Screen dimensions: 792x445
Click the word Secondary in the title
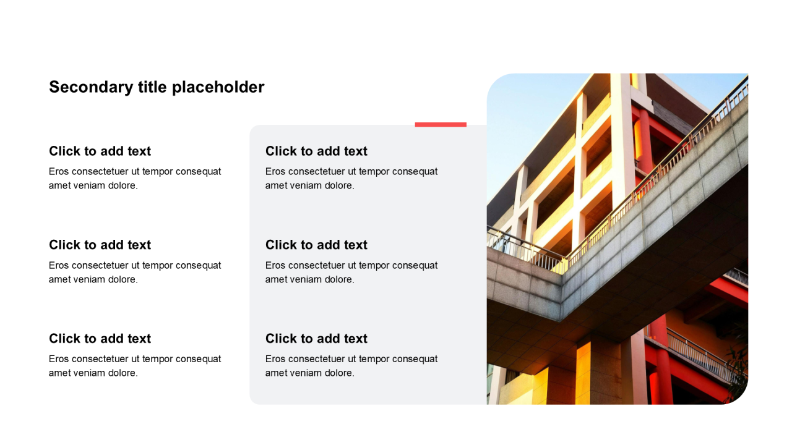coord(91,88)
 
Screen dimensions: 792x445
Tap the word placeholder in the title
coord(218,88)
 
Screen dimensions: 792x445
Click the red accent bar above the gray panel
coord(441,124)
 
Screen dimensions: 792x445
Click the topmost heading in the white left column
coord(100,151)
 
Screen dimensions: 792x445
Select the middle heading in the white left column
coord(100,245)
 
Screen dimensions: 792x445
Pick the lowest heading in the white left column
coord(100,338)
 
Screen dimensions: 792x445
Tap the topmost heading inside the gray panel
coord(316,151)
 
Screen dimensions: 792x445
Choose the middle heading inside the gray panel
coord(316,245)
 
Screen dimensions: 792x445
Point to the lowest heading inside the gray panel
coord(316,338)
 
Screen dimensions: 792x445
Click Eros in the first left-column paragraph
coord(59,171)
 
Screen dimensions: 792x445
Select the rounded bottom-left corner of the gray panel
coord(252,402)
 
